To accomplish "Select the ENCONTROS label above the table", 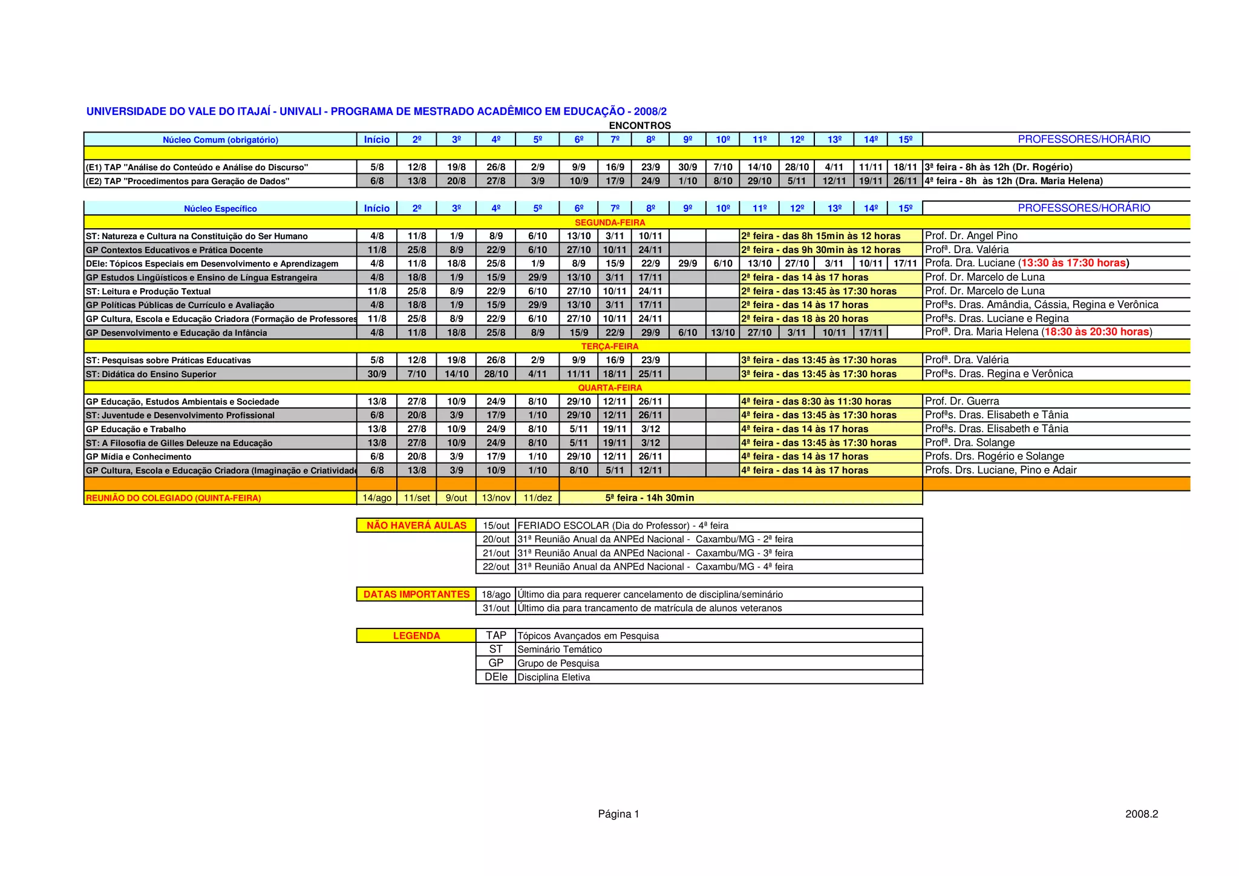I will point(639,126).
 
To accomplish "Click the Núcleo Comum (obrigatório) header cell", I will point(220,140).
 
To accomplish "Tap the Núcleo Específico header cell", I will point(220,209).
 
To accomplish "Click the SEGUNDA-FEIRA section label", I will point(610,223).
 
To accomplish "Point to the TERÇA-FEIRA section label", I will point(610,346).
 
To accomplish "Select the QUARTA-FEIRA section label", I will point(610,387).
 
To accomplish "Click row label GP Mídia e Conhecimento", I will point(139,457).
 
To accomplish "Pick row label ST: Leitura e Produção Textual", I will point(148,292).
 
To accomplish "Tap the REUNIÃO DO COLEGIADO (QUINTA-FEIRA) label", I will point(174,498).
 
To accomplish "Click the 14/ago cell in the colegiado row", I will point(376,498).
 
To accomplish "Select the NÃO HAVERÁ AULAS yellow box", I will point(416,525).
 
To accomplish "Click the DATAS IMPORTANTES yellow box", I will point(416,594).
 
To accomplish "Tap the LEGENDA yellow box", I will point(416,636).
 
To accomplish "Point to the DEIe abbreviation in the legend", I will point(495,677).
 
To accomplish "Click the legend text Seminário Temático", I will point(560,650).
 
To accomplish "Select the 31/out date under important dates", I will point(495,608).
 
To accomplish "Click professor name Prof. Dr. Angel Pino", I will point(971,236).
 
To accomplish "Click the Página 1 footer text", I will point(618,814).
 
